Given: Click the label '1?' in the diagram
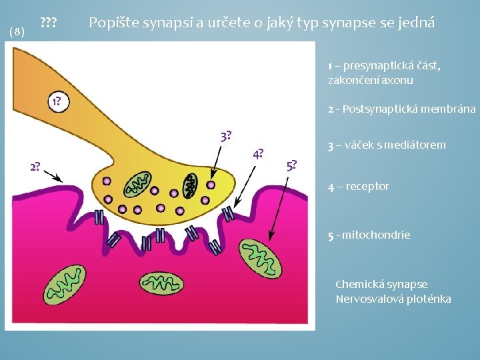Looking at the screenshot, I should (x=55, y=102).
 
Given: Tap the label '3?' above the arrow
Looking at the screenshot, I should (x=226, y=137).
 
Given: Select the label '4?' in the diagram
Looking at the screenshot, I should (x=258, y=155).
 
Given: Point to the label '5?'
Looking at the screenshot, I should (x=291, y=165).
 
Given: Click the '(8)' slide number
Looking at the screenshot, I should (x=17, y=31).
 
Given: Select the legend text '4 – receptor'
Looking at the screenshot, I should (x=358, y=186).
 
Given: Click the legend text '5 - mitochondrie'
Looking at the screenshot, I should (x=369, y=235).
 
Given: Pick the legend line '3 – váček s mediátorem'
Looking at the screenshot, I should (x=387, y=145).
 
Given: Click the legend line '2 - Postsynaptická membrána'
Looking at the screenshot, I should (x=401, y=109).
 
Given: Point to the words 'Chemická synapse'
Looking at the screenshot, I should (x=381, y=284).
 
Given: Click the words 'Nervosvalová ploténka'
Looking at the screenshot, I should (x=393, y=298).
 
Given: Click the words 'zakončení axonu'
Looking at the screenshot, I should (x=370, y=80).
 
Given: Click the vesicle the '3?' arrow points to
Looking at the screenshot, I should (x=211, y=185).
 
